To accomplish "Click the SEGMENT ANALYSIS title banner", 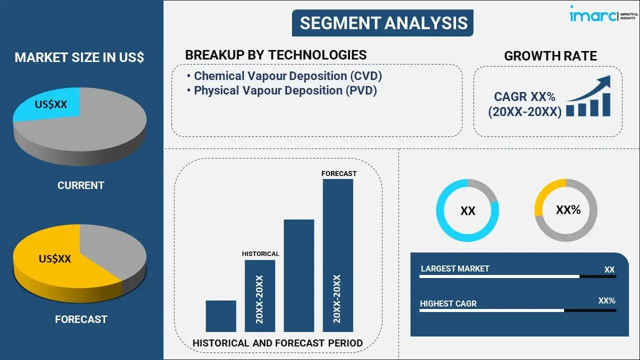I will coord(382,23).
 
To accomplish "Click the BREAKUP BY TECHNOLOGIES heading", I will coord(275,55).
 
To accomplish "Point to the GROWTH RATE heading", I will coord(550,56).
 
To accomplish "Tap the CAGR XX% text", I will coord(524,96).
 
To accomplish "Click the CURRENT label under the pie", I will coord(80,185).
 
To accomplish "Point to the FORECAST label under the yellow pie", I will coord(80,319).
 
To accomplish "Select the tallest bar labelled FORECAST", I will coord(337,255).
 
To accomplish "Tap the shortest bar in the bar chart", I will coord(220,316).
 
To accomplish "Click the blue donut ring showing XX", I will coord(467,210).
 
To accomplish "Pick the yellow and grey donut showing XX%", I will coord(566,210).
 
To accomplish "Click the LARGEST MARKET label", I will coord(455,268).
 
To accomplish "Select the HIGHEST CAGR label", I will coord(448,303).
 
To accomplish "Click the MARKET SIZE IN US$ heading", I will coord(79,57).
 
